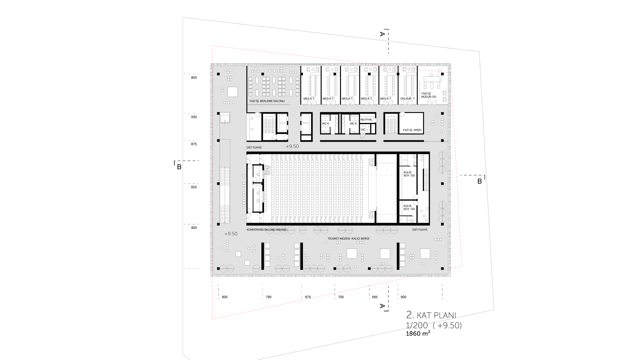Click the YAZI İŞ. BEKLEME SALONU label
click(x=267, y=101)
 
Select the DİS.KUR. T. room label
click(x=408, y=99)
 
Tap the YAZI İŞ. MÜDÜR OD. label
click(x=429, y=95)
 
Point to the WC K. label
click(x=325, y=124)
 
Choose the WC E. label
click(x=353, y=124)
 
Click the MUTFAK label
click(x=366, y=120)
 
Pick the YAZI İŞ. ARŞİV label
click(x=412, y=130)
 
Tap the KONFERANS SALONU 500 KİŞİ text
click(x=266, y=230)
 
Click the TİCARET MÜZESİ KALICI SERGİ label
click(x=348, y=239)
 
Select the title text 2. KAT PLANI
click(x=431, y=315)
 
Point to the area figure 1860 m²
click(x=418, y=333)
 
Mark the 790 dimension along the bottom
click(x=268, y=297)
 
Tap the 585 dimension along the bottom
click(x=375, y=297)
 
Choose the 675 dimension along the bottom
click(x=308, y=297)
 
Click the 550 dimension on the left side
click(x=194, y=117)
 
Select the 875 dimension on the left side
click(x=194, y=144)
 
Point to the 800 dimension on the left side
click(x=194, y=78)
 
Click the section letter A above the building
click(x=382, y=34)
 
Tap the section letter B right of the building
click(x=480, y=181)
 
